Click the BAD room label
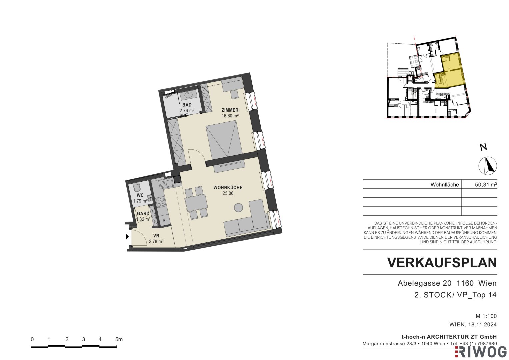coord(187,105)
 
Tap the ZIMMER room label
coord(230,110)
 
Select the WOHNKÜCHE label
coord(228,188)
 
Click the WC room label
coord(140,195)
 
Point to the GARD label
coord(143,214)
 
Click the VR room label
coord(156,236)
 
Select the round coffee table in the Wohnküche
coord(238,208)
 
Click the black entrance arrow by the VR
coord(127,237)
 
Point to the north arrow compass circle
coord(488,166)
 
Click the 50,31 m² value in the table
coord(486,184)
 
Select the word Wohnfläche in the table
coord(445,185)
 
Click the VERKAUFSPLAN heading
coord(442,263)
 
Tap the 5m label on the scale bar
coord(119,340)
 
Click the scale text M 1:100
coord(486,316)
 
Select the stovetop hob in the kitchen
coord(160,202)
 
